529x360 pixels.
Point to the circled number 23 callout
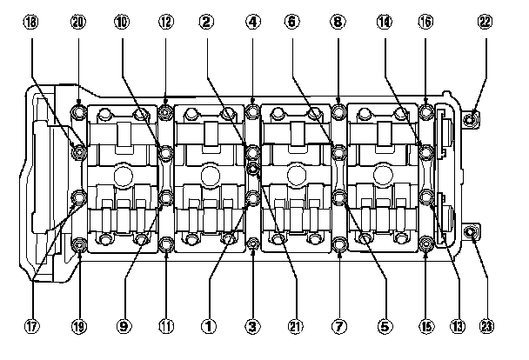tap(485, 326)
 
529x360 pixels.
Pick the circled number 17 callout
tap(32, 326)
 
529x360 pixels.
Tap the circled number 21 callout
tap(295, 326)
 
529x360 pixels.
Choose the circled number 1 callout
tap(208, 326)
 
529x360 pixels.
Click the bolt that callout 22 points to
tap(471, 118)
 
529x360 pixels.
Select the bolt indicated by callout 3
tap(252, 244)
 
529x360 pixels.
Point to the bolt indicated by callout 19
tap(80, 244)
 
